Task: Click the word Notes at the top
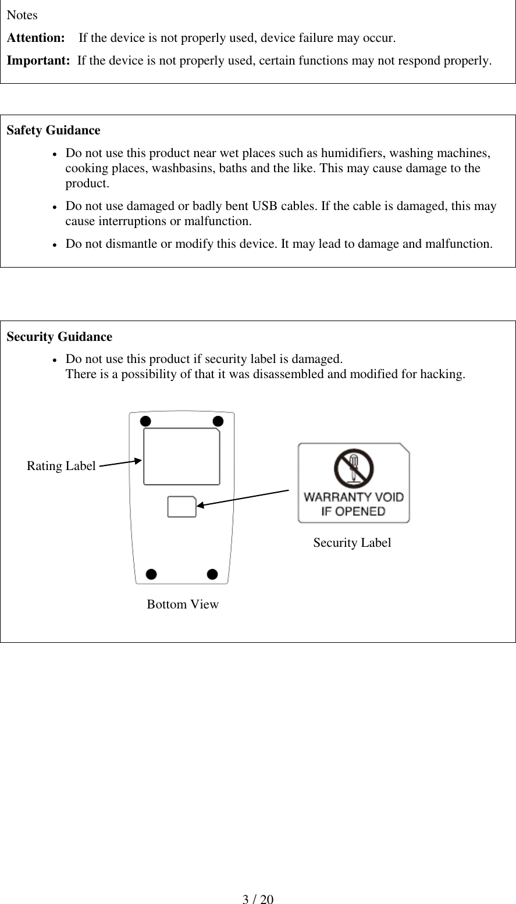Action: [x=22, y=15]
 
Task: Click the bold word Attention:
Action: [x=35, y=38]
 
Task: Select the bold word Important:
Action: [x=38, y=60]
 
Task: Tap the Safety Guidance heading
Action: [x=53, y=130]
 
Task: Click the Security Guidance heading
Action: [x=59, y=337]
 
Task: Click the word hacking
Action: [x=444, y=374]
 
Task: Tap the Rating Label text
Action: [x=61, y=466]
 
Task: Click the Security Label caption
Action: [x=352, y=543]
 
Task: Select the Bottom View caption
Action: [x=183, y=604]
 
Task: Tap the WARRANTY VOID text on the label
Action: [x=354, y=497]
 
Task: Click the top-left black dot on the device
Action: [x=145, y=421]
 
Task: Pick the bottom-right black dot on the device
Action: [x=212, y=575]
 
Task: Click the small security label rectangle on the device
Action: [x=182, y=507]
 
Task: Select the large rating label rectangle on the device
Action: [x=182, y=457]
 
